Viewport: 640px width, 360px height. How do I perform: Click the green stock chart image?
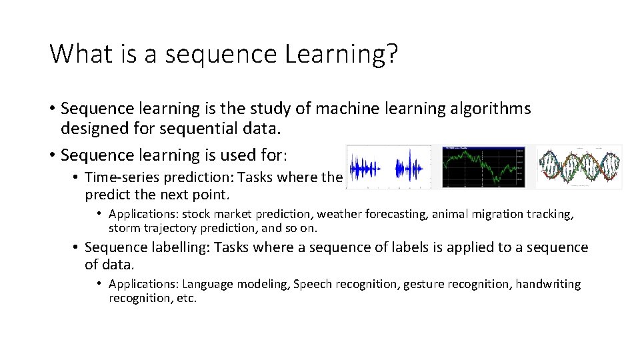coord(483,167)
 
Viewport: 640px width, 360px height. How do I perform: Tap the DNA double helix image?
coord(579,167)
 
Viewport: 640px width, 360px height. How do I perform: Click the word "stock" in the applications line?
coord(197,214)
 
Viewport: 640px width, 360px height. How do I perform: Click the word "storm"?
coord(124,228)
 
